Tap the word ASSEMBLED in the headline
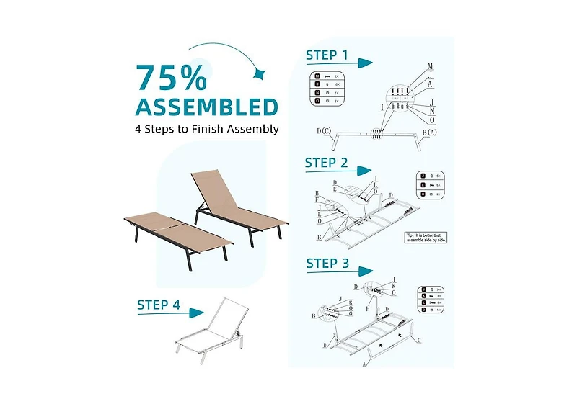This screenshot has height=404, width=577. [x=207, y=107]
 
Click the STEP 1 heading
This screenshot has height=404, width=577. [x=326, y=55]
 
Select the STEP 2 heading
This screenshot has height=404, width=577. [x=326, y=163]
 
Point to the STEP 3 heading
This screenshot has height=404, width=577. [x=327, y=264]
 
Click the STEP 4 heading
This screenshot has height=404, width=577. [x=159, y=305]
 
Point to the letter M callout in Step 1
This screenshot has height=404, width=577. [x=430, y=66]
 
